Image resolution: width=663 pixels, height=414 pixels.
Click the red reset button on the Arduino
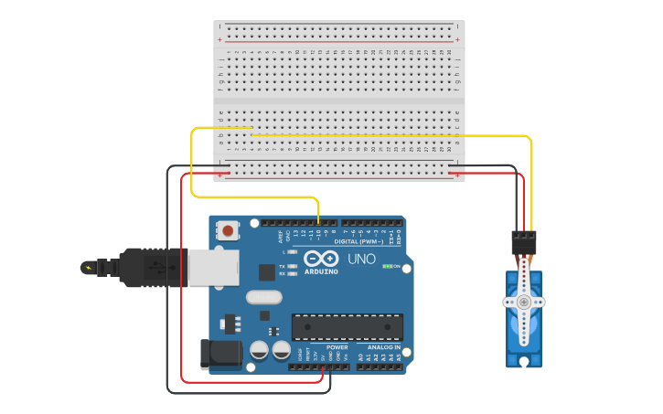point(228,230)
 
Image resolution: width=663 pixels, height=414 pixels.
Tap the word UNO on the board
point(362,260)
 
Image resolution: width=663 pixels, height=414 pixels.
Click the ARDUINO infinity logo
point(322,260)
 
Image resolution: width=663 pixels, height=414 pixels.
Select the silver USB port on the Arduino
point(212,268)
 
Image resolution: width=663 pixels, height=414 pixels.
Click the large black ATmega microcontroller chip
point(348,326)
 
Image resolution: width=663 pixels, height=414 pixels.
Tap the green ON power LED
point(388,267)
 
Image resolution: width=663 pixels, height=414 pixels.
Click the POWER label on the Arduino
point(337,347)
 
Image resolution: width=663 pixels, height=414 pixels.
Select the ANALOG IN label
point(384,347)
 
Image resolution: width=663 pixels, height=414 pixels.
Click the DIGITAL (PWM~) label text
point(358,241)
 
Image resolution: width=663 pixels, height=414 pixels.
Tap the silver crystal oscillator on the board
point(263,296)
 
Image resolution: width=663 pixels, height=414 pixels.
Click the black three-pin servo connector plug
point(524,242)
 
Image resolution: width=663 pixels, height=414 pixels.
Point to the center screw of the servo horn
point(524,302)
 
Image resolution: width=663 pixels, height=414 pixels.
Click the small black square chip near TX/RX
point(267,271)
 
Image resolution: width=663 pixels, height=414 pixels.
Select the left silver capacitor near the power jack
point(260,350)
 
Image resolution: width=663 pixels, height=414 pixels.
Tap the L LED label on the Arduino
point(284,251)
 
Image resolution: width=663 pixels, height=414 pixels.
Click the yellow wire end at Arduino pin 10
point(318,221)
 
